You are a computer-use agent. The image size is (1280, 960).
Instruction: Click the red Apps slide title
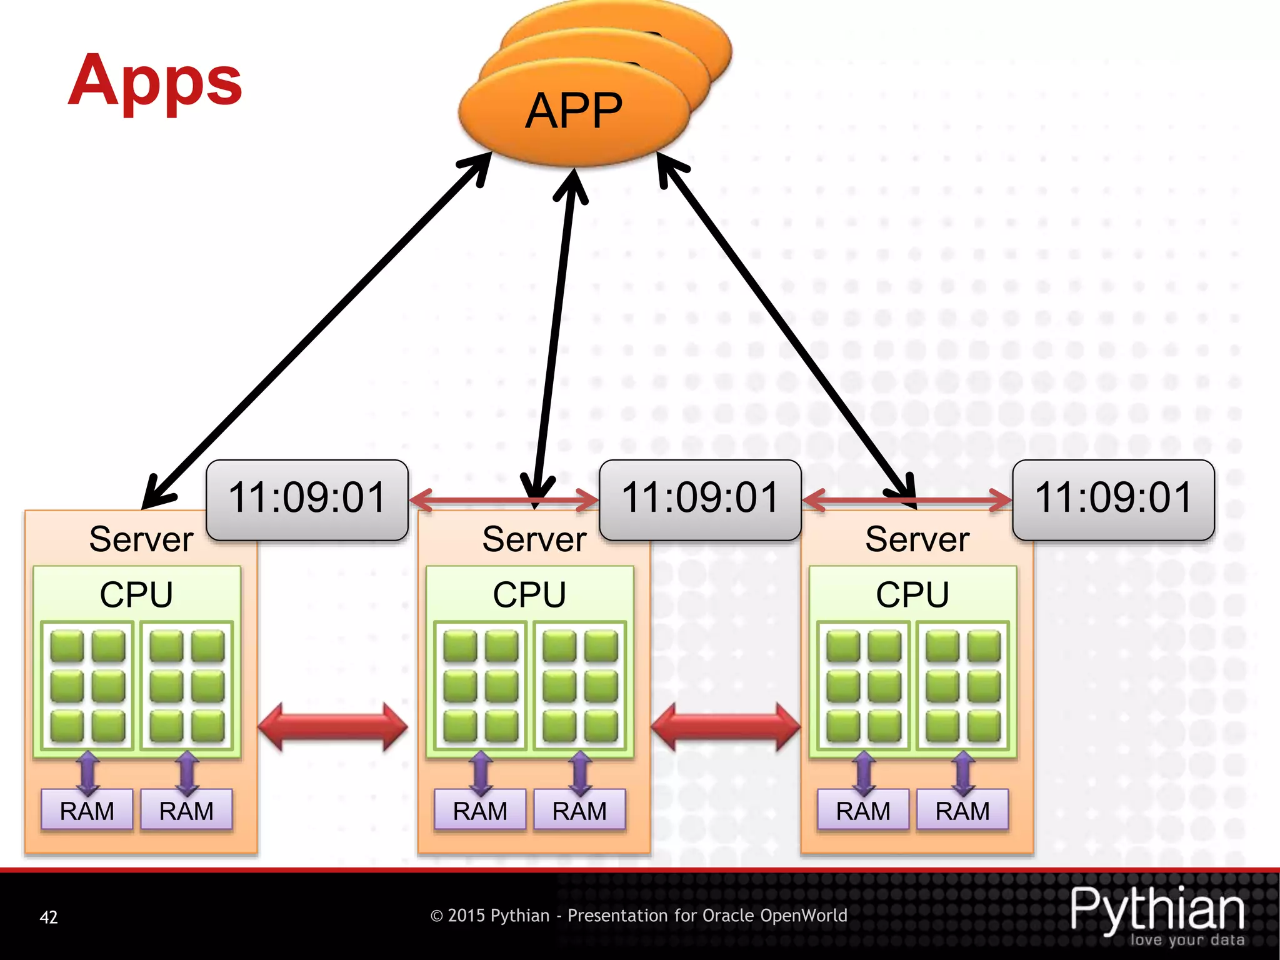[155, 81]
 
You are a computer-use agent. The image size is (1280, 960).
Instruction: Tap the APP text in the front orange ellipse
[574, 111]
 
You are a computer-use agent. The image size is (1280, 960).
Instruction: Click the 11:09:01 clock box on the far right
[1113, 499]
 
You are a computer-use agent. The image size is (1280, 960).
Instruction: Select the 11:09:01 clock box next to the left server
[307, 499]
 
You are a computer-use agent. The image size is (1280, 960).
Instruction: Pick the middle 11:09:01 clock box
[700, 499]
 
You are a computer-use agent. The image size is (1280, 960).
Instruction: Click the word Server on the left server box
[141, 539]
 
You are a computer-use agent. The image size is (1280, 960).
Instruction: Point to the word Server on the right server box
[917, 539]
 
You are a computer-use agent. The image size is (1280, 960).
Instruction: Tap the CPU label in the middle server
[529, 594]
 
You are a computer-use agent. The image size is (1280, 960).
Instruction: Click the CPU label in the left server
[136, 594]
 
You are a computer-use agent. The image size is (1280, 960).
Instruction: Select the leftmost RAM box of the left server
[87, 811]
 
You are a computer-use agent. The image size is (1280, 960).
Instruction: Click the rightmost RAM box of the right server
[962, 811]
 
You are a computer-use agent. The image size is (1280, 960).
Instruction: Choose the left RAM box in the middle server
[480, 811]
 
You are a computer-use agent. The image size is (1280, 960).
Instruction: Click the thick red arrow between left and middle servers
[332, 727]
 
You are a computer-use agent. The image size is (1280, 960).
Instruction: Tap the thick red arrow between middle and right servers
[726, 727]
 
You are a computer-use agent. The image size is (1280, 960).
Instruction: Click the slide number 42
[49, 917]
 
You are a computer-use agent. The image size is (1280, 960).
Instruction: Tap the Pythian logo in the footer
[1157, 914]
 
